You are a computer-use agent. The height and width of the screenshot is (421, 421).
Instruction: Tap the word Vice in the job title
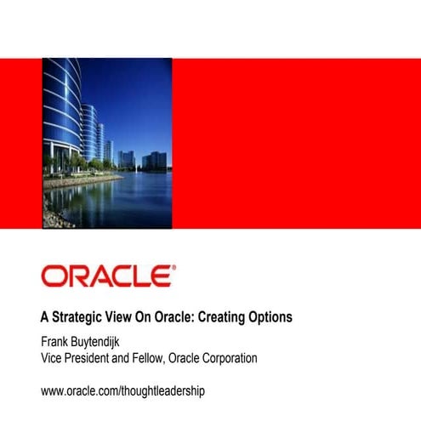point(54,359)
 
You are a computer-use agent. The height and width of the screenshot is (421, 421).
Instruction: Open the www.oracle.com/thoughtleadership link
point(122,391)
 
